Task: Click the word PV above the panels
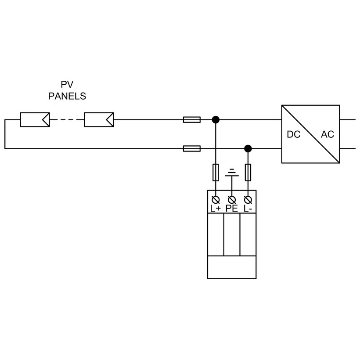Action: coord(67,85)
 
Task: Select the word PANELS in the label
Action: coord(67,96)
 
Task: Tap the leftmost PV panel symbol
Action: coord(35,119)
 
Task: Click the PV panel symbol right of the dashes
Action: coord(99,119)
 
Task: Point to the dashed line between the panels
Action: coord(67,119)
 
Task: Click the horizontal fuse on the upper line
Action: coord(191,119)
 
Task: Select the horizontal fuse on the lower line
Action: coord(191,148)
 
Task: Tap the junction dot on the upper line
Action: coord(216,119)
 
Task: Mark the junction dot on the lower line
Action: coord(248,148)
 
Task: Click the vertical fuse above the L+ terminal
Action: coord(216,172)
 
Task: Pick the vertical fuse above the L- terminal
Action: coord(248,172)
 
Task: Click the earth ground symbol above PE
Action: coord(232,173)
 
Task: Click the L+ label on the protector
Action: coord(216,209)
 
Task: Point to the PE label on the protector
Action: coord(232,209)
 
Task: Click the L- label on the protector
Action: coord(248,209)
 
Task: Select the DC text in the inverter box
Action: coord(294,135)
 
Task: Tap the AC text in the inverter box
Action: coord(328,135)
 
